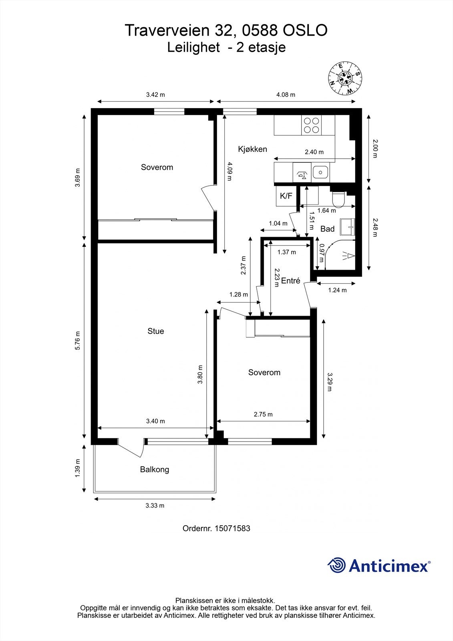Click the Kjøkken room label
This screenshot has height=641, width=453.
click(x=252, y=149)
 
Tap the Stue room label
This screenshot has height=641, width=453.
click(x=155, y=331)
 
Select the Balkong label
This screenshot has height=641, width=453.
click(x=154, y=469)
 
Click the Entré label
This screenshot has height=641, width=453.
click(x=290, y=281)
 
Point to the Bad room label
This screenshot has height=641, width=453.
click(x=327, y=229)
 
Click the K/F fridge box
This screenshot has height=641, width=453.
click(x=286, y=196)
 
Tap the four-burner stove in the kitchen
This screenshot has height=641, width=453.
click(x=312, y=125)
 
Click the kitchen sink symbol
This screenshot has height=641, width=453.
click(x=320, y=172)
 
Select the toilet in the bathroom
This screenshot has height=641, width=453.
click(x=339, y=199)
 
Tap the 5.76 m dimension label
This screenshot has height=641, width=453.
click(x=78, y=341)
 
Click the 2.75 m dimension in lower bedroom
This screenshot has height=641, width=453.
click(x=263, y=414)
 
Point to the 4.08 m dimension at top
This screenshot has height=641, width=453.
click(x=286, y=95)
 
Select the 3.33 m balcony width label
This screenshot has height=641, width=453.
click(x=155, y=506)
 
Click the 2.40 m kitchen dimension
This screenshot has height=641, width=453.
click(x=314, y=152)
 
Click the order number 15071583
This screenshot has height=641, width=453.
click(x=232, y=528)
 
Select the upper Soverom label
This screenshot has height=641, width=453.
click(x=157, y=167)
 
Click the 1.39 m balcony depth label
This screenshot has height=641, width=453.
click(x=78, y=468)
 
